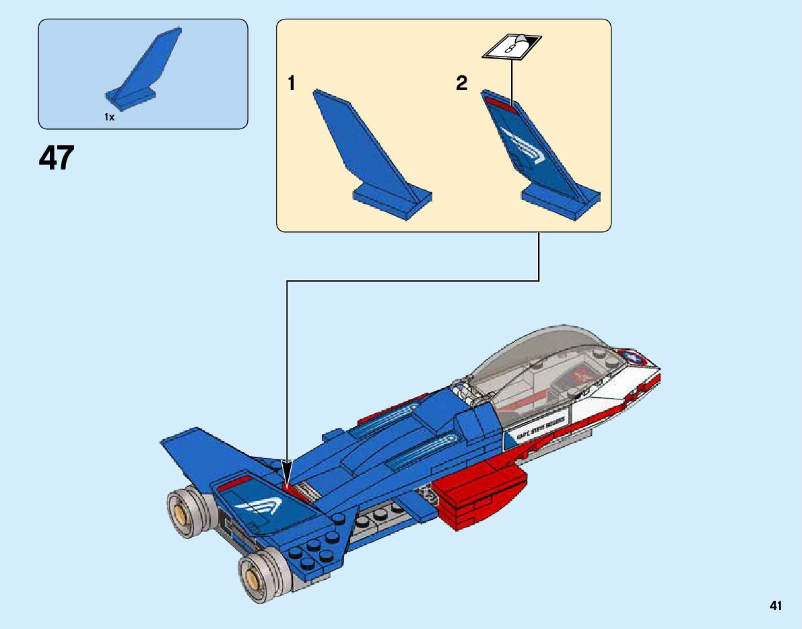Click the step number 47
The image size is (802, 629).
pyautogui.click(x=57, y=159)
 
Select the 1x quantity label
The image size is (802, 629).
pyautogui.click(x=109, y=117)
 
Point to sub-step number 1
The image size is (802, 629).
pyautogui.click(x=292, y=83)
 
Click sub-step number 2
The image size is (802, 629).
pyautogui.click(x=461, y=83)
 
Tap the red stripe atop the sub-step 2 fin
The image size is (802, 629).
pyautogui.click(x=499, y=100)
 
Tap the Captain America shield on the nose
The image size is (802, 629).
pyautogui.click(x=632, y=357)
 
